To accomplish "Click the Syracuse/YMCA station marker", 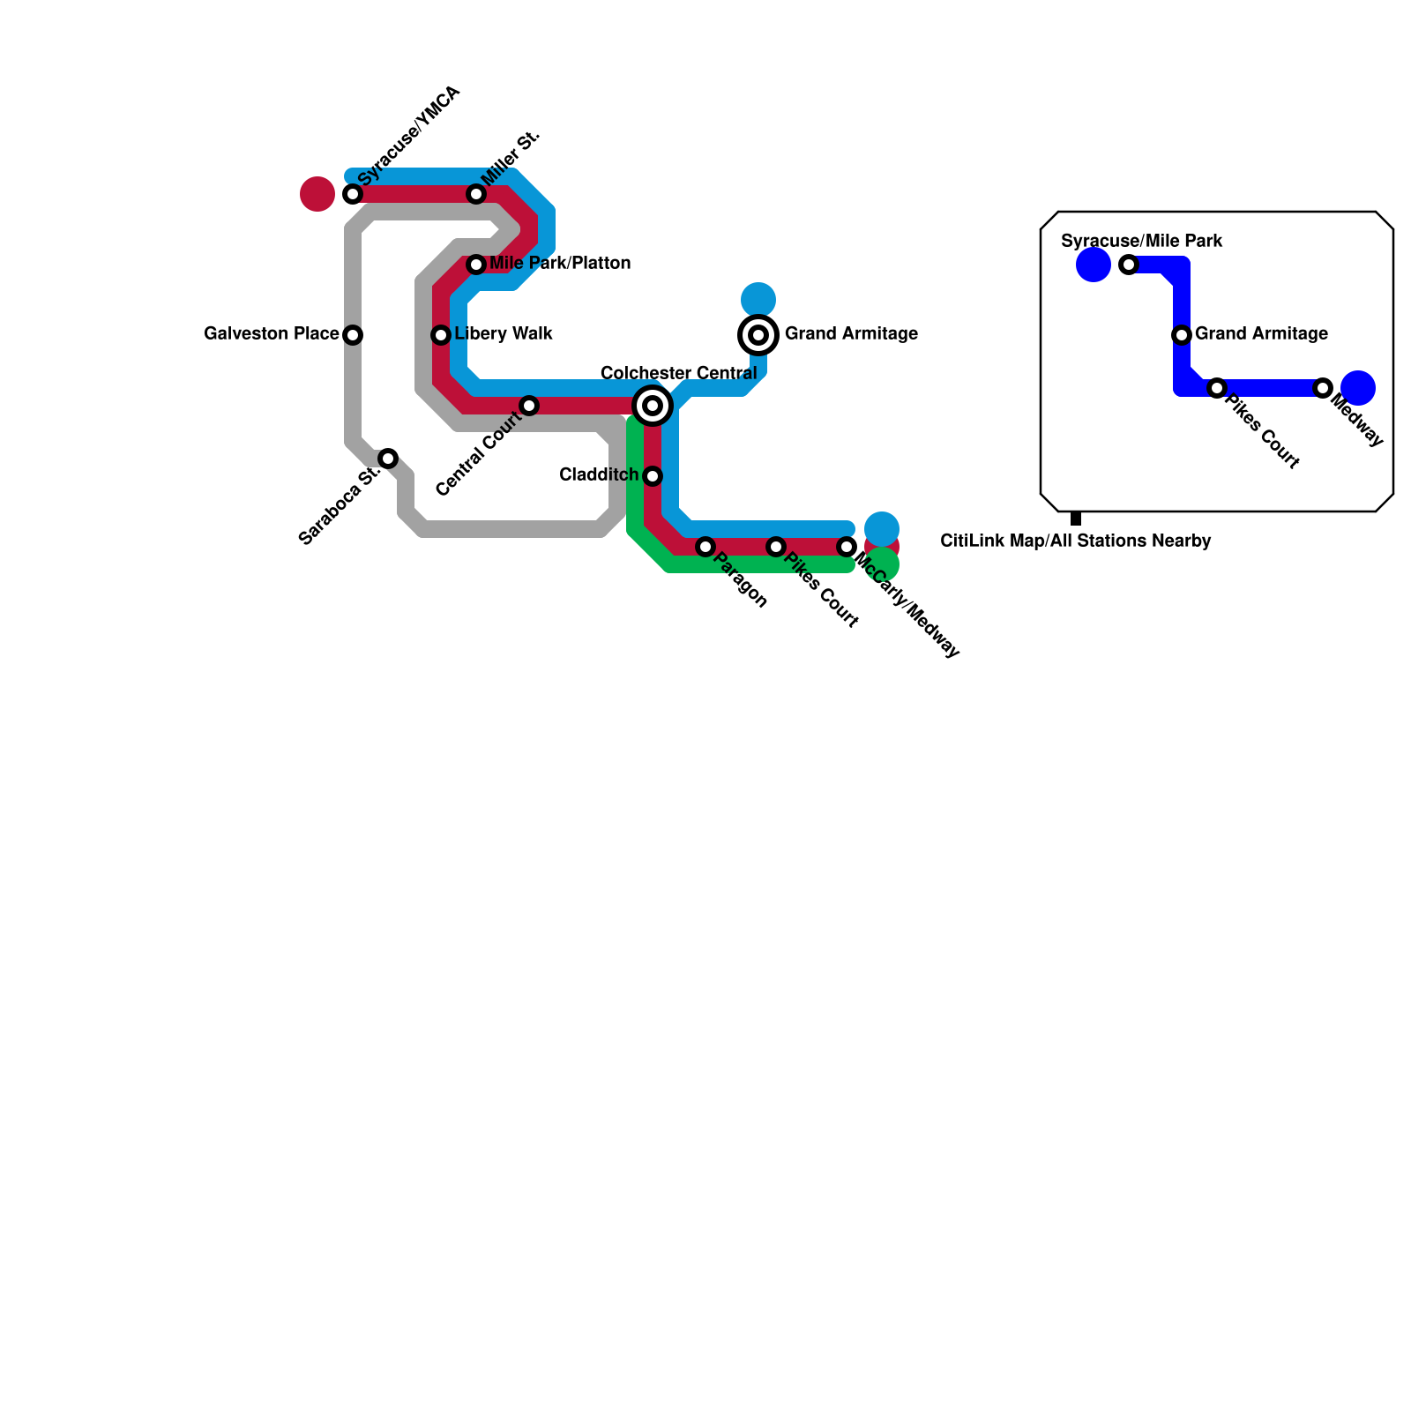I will coord(353,194).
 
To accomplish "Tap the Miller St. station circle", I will coord(476,194).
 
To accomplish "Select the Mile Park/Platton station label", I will coord(559,264).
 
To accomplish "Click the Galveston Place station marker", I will coord(353,335).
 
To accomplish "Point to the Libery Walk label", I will coord(504,334).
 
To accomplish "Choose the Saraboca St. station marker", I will coord(388,459).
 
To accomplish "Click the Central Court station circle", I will coord(529,406).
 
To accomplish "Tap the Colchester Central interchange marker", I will coord(653,406).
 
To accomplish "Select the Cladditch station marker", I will coord(653,476).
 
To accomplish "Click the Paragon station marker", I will coord(705,547).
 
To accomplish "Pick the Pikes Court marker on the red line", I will coord(776,547).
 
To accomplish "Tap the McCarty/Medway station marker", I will coord(847,547).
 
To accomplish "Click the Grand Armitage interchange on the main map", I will coord(758,335).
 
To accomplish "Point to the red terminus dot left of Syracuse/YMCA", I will coord(317,194).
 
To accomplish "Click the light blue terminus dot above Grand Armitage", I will coord(758,300).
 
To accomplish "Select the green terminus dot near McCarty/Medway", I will coord(882,564).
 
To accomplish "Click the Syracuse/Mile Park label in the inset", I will coord(1141,241).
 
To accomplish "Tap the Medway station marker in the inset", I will coord(1323,388).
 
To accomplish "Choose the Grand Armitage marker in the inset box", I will coord(1182,335).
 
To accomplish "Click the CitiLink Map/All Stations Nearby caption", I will coord(1075,541).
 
